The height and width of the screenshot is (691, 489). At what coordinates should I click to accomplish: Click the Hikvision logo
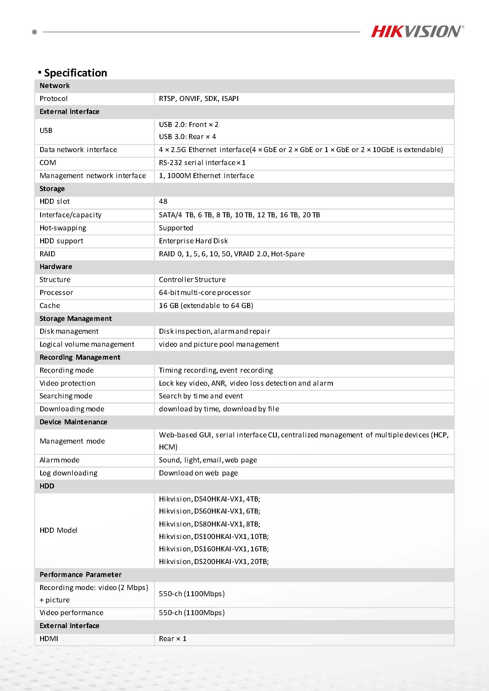[417, 31]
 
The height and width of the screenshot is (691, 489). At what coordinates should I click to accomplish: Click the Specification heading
[75, 73]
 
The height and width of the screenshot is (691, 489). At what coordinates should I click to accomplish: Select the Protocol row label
[53, 98]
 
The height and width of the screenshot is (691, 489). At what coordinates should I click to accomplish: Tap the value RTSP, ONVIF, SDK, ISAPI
[199, 98]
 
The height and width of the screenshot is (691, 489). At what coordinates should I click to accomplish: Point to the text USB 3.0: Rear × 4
[187, 137]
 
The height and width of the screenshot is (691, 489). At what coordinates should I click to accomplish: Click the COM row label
[48, 162]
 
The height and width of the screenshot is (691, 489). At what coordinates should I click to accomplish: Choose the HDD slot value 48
[163, 201]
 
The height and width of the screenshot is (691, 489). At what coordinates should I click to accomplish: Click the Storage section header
[52, 189]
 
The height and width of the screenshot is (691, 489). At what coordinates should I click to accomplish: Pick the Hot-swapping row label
[63, 228]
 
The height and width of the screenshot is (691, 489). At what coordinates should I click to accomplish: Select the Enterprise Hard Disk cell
[193, 241]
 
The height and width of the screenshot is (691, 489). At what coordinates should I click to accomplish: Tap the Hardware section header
[56, 267]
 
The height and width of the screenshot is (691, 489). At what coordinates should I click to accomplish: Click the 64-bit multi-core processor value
[205, 293]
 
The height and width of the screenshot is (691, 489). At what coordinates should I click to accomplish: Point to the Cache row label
[50, 305]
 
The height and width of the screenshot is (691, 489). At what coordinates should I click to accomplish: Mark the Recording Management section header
[80, 357]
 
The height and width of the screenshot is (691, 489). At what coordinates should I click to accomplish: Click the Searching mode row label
[66, 396]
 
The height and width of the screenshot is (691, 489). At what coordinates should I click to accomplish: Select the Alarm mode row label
[60, 460]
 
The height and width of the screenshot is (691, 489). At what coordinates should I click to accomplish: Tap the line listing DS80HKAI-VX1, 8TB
[209, 524]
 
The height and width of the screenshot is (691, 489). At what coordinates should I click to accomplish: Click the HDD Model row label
[59, 530]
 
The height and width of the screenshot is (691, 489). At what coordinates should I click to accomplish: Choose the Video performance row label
[72, 613]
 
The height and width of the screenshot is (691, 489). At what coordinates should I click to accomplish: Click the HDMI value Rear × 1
[173, 639]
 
